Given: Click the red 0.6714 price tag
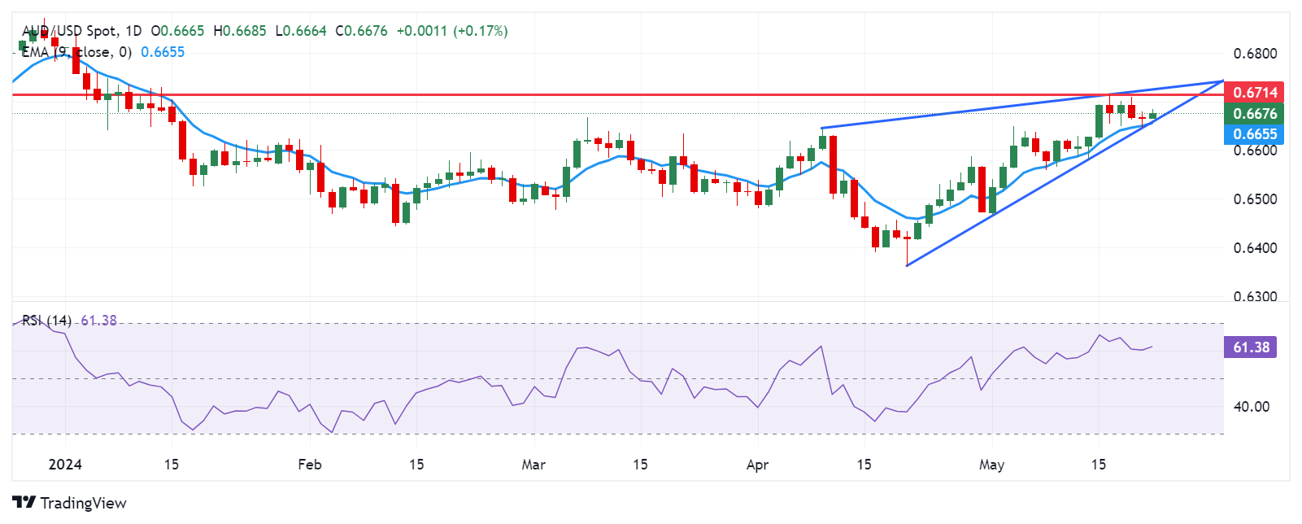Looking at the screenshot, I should coord(1255,93).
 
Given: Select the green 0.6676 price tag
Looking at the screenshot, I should coord(1255,114).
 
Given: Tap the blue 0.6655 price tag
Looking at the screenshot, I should coord(1255,134).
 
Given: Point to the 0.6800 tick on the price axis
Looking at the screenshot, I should coord(1255,54).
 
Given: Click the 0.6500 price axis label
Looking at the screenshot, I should coord(1255,199).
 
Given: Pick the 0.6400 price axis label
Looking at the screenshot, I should coord(1255,248).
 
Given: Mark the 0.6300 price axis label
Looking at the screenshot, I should coord(1255,297).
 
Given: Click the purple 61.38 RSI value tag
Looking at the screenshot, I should coord(1250,347).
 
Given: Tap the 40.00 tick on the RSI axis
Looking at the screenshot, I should coord(1251,407).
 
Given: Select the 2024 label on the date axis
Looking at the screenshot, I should coord(65,465).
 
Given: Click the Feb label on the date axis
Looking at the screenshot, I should coord(310,465).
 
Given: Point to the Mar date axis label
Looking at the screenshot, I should coord(533,465).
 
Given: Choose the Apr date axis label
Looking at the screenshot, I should coord(757,465).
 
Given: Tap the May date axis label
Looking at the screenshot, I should coord(991,465).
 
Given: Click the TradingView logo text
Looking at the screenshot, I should coord(83,503).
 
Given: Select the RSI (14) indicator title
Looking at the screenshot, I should coord(46,321).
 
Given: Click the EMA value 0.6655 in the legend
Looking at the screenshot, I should coord(163,52).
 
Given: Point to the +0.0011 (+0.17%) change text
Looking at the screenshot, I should coord(451,31).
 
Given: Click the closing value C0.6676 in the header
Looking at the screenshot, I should coord(360,31).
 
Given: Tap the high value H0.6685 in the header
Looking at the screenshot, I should coord(240,31).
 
